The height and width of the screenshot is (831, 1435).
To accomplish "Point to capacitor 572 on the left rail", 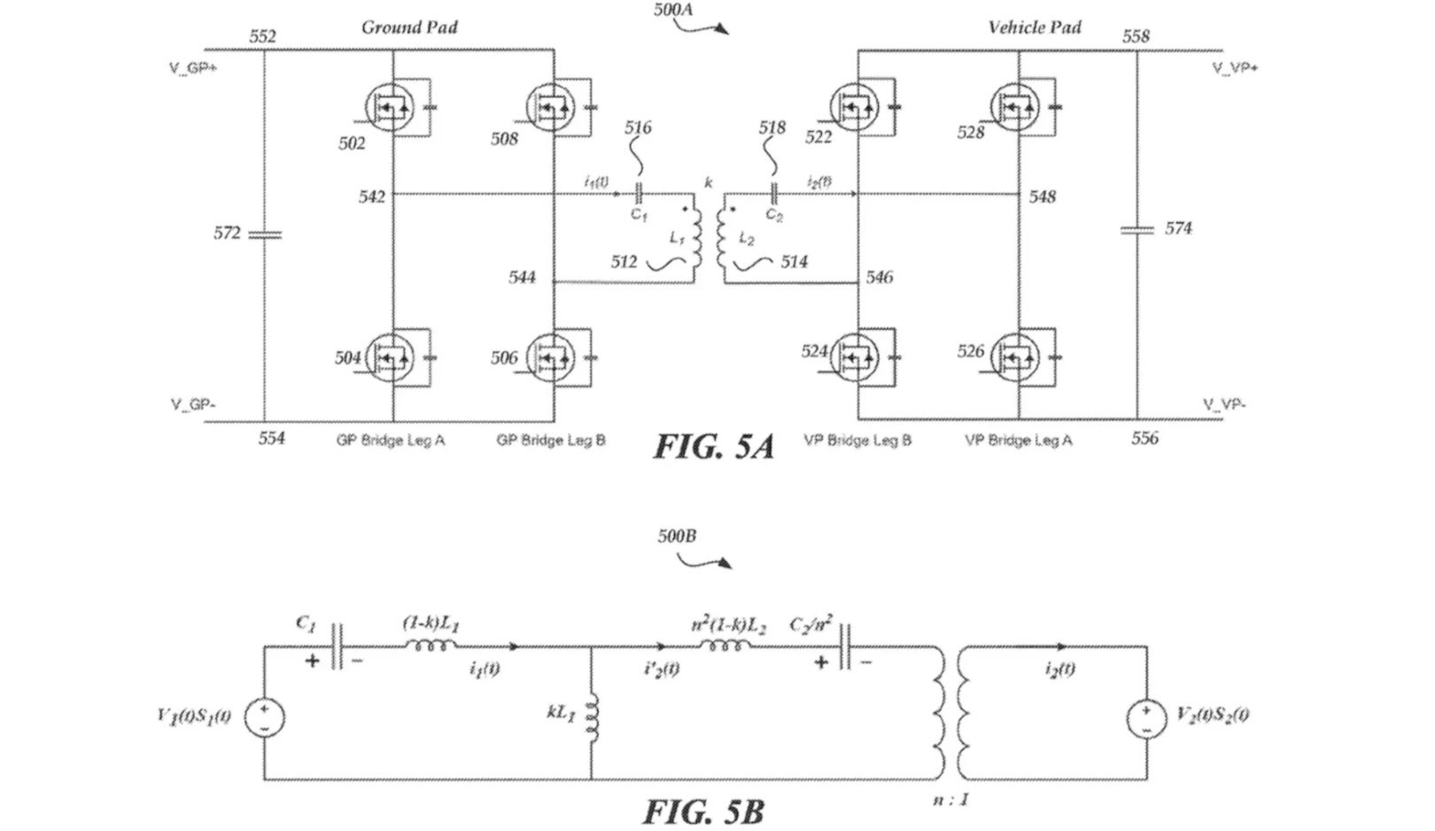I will point(264,234).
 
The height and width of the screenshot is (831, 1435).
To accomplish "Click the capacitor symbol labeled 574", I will point(1136,229).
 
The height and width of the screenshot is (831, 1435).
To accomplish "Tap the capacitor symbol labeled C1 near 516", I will point(639,193).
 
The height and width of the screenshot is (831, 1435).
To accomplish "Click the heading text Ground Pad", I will point(409,27).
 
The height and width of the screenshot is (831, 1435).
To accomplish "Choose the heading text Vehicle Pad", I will point(1034,27).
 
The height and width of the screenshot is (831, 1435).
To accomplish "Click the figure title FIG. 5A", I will point(714,447).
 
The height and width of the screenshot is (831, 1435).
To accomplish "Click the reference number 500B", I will point(677,536).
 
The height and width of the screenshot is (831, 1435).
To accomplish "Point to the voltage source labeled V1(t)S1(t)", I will point(264,717).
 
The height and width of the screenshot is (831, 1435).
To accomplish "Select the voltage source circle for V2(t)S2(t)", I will point(1146,717).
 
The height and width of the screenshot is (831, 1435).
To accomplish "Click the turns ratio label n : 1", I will point(950,800).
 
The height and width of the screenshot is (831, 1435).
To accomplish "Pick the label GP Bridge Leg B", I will point(551,440).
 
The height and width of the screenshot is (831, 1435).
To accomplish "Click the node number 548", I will point(1042,197).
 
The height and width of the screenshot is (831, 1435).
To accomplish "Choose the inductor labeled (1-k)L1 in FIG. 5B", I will point(430,646).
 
